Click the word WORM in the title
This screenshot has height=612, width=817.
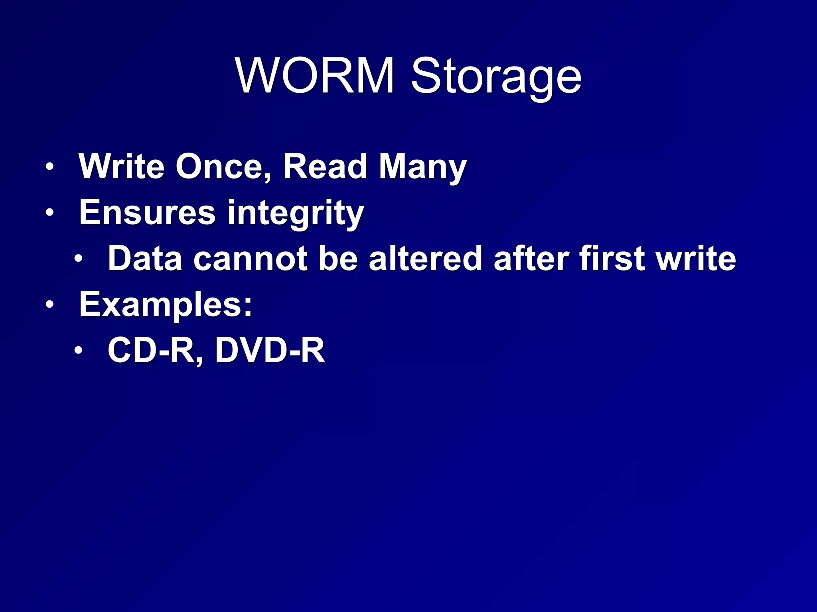(x=315, y=76)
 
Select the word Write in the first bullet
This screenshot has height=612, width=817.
(x=122, y=167)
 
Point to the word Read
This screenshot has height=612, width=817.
(x=325, y=167)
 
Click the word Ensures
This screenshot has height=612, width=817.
(x=147, y=212)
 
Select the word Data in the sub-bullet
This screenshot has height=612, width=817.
(x=145, y=259)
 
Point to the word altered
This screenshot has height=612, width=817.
(x=426, y=259)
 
